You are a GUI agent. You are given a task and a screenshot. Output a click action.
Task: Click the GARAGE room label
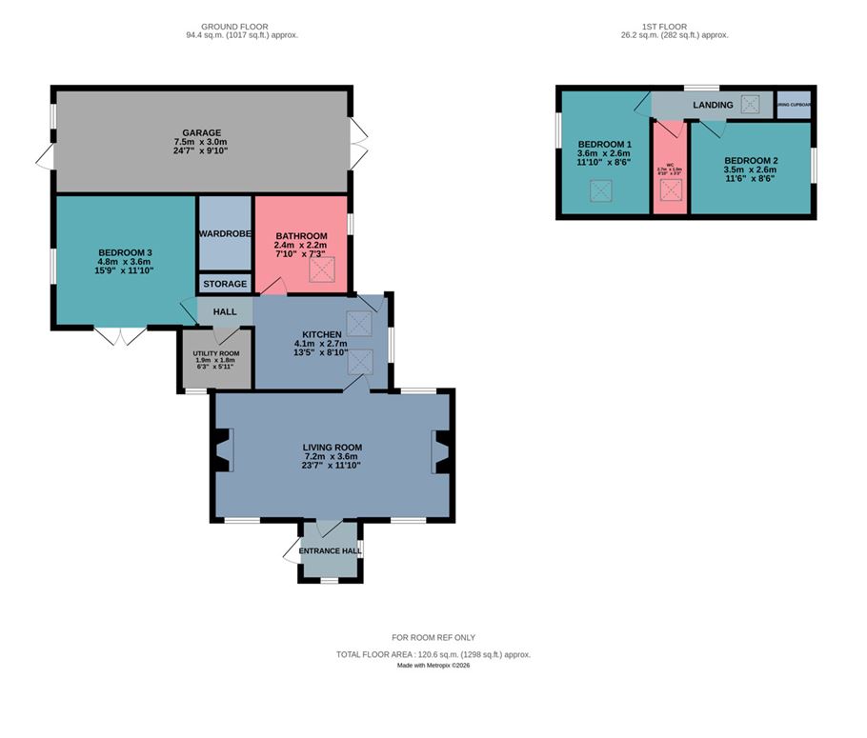pos(202,133)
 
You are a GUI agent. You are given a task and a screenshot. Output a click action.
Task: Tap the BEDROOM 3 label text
pos(125,252)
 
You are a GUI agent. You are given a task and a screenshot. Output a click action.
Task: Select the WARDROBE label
pos(225,233)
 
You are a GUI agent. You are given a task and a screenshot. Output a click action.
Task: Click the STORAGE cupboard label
pos(225,284)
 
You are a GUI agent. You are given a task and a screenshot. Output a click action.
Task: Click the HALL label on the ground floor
pos(225,311)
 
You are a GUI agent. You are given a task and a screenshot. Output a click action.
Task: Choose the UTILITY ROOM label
pos(216,353)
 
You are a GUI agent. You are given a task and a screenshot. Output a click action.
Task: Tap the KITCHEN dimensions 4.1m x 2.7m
pos(322,343)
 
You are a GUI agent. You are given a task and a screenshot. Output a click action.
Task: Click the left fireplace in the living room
pos(222,450)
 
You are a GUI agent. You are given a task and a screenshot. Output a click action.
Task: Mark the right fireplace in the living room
pos(442,450)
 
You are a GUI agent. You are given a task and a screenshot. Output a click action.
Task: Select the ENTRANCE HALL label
pos(331,551)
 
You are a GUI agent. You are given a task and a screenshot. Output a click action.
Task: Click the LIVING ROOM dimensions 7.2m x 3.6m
pos(333,456)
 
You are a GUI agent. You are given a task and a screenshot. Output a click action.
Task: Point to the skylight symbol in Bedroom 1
pos(600,191)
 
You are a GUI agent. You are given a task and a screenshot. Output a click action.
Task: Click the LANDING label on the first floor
pos(713,105)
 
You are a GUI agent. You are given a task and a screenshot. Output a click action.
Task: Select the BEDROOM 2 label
pos(751,160)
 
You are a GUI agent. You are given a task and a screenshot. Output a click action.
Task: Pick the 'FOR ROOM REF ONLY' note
pos(433,637)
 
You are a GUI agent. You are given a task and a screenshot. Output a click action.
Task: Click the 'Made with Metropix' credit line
pos(433,665)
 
